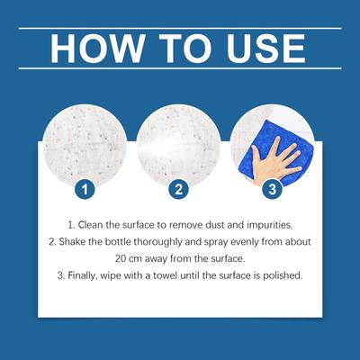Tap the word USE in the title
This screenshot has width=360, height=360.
point(266,49)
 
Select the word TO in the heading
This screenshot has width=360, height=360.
point(185,49)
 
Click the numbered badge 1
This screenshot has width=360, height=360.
point(85,189)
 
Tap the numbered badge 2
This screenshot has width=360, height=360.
point(179,189)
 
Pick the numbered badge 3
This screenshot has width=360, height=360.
point(273,189)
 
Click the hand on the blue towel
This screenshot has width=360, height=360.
point(274,160)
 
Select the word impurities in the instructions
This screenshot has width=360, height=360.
point(269,225)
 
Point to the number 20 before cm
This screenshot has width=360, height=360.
point(121,258)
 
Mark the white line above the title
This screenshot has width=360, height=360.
point(180,29)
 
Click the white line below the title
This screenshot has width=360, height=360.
point(180,68)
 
